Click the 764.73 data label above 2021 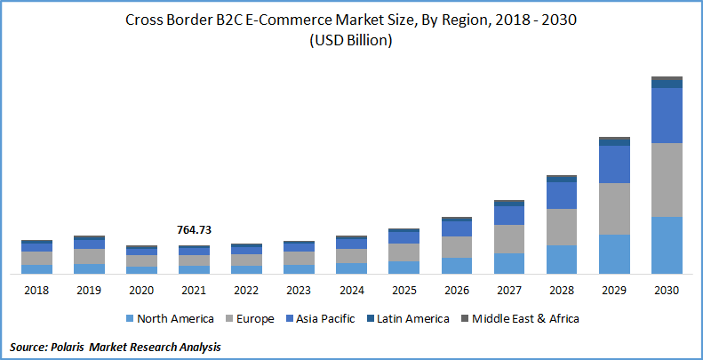194,229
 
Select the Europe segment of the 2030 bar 667,180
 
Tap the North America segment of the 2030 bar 667,244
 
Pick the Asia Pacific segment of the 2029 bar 614,164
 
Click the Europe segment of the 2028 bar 562,227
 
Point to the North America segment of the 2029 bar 614,253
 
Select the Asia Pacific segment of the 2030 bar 667,116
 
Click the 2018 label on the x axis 36,290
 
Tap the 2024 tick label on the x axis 351,290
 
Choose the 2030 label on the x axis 667,290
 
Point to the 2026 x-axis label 456,290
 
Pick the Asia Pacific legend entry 324,318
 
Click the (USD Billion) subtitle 351,40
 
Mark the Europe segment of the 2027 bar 508,239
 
